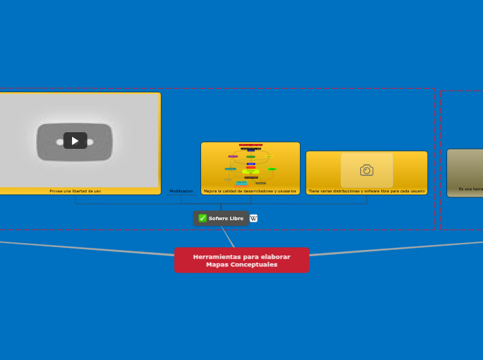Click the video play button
click(x=75, y=141)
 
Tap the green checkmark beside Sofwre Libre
click(x=202, y=218)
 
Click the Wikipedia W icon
click(x=254, y=218)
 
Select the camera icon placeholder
click(x=367, y=170)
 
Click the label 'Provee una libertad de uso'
click(x=75, y=191)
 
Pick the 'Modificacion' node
click(x=181, y=191)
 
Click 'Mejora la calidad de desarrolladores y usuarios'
click(x=249, y=191)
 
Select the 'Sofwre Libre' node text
click(x=226, y=218)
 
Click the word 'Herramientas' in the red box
click(x=216, y=257)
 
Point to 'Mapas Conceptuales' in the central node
click(x=241, y=264)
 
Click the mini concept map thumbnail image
click(x=250, y=165)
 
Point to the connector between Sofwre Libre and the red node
click(x=228, y=237)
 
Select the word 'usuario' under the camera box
click(x=416, y=191)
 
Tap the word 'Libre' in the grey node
click(x=236, y=218)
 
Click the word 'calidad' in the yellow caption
click(x=229, y=191)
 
